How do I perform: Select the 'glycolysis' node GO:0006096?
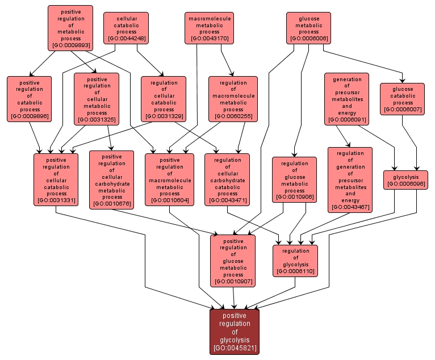pyautogui.click(x=405, y=179)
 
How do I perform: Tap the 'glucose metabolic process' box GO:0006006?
pyautogui.click(x=308, y=28)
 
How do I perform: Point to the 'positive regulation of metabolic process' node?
pyautogui.click(x=71, y=28)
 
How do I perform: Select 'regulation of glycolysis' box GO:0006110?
pyautogui.click(x=295, y=261)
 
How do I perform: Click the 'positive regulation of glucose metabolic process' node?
pyautogui.click(x=233, y=261)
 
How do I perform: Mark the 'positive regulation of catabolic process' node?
pyautogui.click(x=29, y=99)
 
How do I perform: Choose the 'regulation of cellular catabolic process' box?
pyautogui.click(x=164, y=99)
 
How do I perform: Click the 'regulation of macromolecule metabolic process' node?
pyautogui.click(x=233, y=99)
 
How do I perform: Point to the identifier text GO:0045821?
pyautogui.click(x=235, y=348)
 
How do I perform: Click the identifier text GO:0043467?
pyautogui.click(x=350, y=207)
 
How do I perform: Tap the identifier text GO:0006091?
pyautogui.click(x=347, y=120)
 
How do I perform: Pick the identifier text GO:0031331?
pyautogui.click(x=56, y=200)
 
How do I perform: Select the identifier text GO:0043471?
pyautogui.click(x=227, y=200)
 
